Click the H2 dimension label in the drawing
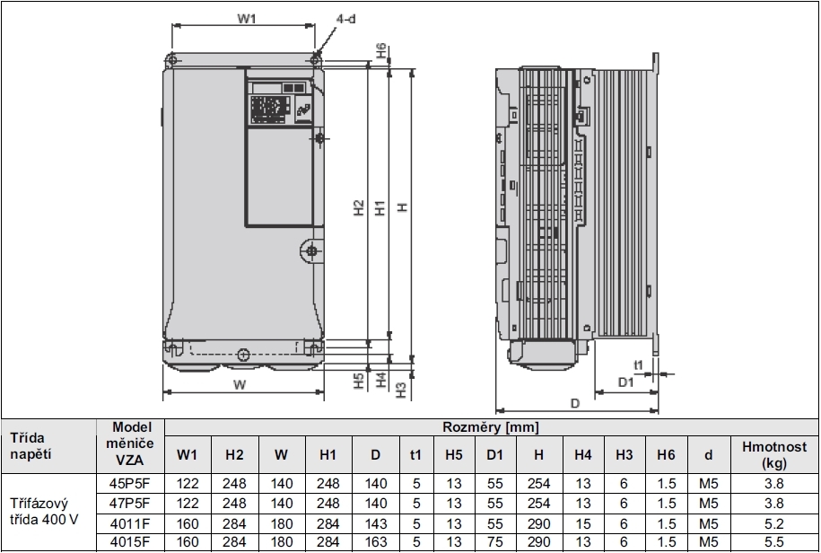(358, 208)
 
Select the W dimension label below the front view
(240, 385)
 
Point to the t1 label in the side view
(639, 364)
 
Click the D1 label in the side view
(627, 383)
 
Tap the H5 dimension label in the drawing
(358, 381)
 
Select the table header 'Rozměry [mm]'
(492, 428)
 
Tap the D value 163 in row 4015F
(376, 541)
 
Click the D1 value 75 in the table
(494, 541)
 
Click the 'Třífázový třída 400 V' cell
(39, 513)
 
